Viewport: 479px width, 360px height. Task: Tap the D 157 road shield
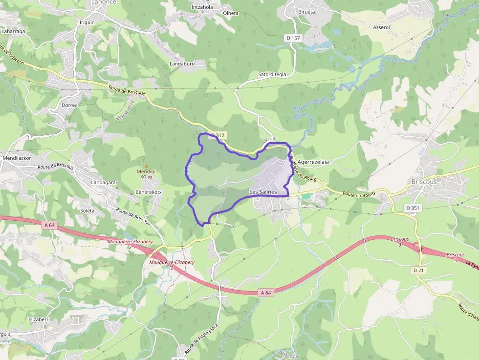point(292,38)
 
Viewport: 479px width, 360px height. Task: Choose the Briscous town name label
point(424,181)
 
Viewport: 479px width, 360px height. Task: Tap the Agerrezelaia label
point(313,162)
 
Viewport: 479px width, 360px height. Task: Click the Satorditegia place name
point(272,74)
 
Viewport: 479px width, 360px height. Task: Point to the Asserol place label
point(381,27)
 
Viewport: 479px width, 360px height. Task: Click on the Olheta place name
point(230,13)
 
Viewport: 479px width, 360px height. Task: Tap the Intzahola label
point(202,7)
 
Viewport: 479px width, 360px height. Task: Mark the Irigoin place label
point(87,22)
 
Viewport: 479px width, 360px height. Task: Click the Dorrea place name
point(70,105)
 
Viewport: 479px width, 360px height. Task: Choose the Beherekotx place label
point(148,192)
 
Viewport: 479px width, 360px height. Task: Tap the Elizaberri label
point(39,319)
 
